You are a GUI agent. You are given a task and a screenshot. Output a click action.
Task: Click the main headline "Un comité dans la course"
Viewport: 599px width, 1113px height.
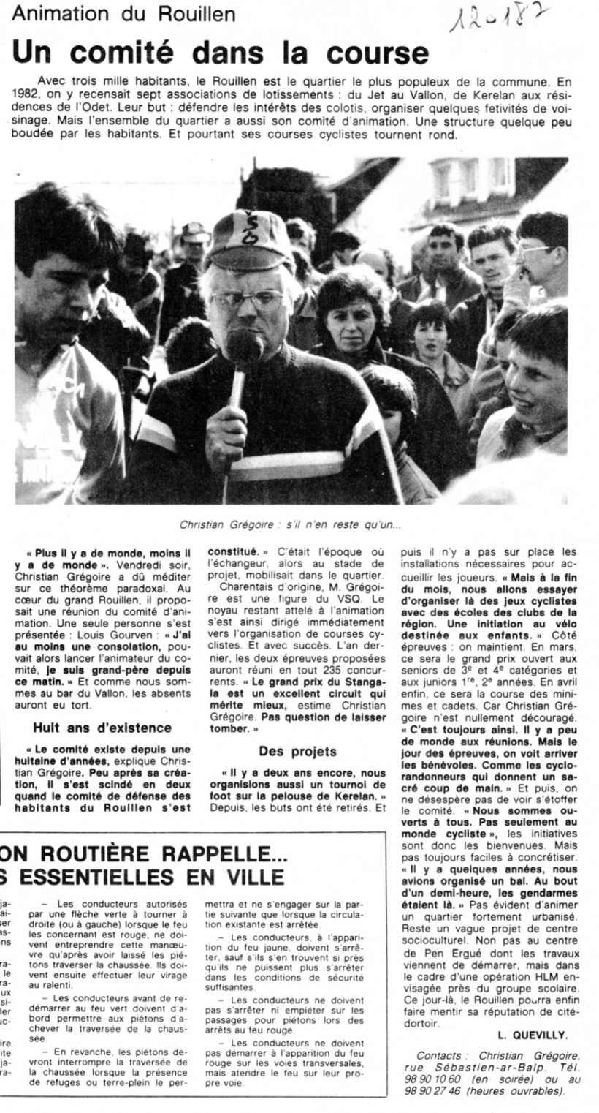point(219,53)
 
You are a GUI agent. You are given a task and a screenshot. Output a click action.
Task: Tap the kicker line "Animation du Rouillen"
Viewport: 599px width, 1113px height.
point(124,13)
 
